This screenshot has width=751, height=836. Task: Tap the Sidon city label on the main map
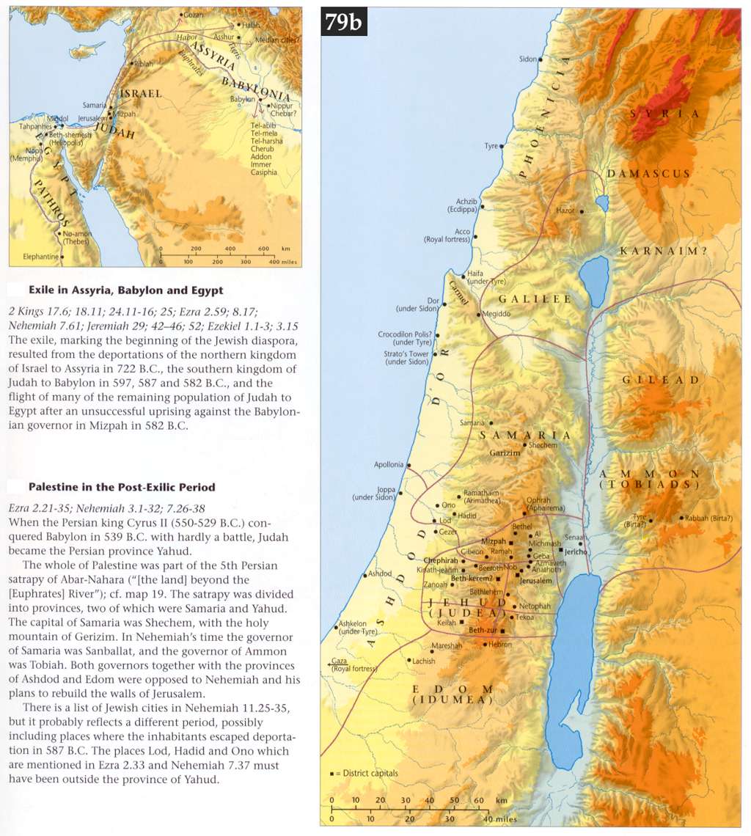tap(528, 59)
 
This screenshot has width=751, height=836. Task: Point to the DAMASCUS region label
tap(648, 174)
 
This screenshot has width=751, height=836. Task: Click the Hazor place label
tap(566, 210)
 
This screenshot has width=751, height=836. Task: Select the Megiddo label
tap(495, 314)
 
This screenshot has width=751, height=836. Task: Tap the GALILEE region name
tap(535, 299)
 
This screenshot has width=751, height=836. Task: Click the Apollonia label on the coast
tap(389, 464)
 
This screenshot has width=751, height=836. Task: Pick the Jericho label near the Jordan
tap(576, 551)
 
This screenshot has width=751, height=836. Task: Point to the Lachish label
tap(423, 661)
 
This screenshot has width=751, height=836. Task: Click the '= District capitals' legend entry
tap(367, 773)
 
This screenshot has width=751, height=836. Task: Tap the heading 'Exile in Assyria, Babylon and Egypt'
tap(125, 290)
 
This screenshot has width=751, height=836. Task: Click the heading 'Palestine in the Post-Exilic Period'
tap(122, 486)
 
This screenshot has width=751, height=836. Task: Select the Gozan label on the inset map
tap(194, 15)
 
